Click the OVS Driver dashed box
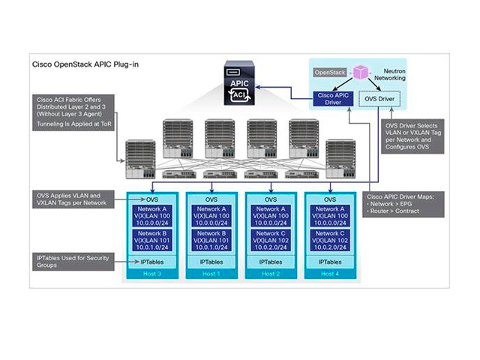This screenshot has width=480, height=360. [x=380, y=98]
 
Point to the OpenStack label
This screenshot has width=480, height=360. [x=331, y=73]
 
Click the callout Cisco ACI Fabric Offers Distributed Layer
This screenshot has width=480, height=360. [x=73, y=111]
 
